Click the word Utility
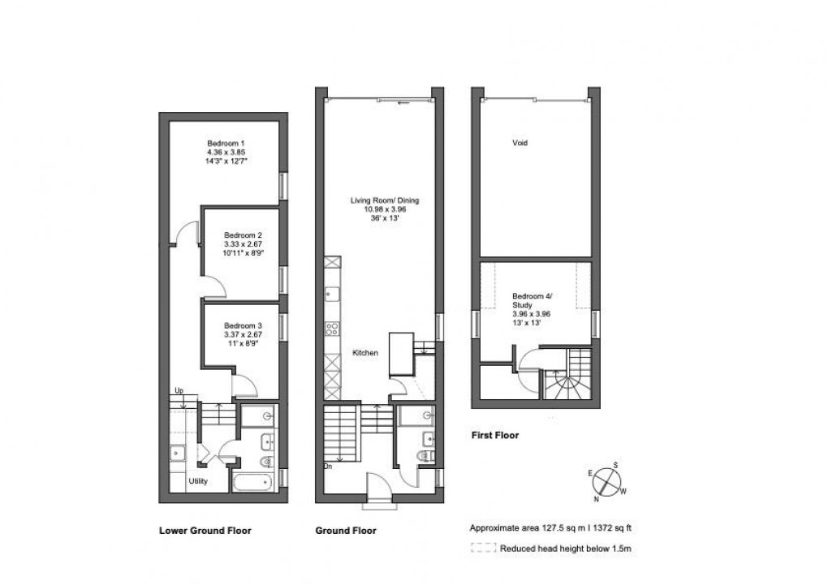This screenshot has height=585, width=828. (x=197, y=482)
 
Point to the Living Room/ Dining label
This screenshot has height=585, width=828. (x=385, y=200)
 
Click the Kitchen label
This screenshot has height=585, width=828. (x=364, y=353)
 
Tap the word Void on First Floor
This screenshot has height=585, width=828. (x=520, y=143)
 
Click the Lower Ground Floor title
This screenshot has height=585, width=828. (x=204, y=531)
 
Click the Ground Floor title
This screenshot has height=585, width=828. (x=346, y=531)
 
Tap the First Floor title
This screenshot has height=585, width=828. (x=495, y=436)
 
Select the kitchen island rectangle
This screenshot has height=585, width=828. (x=401, y=354)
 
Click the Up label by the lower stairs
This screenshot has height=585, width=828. (x=177, y=392)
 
